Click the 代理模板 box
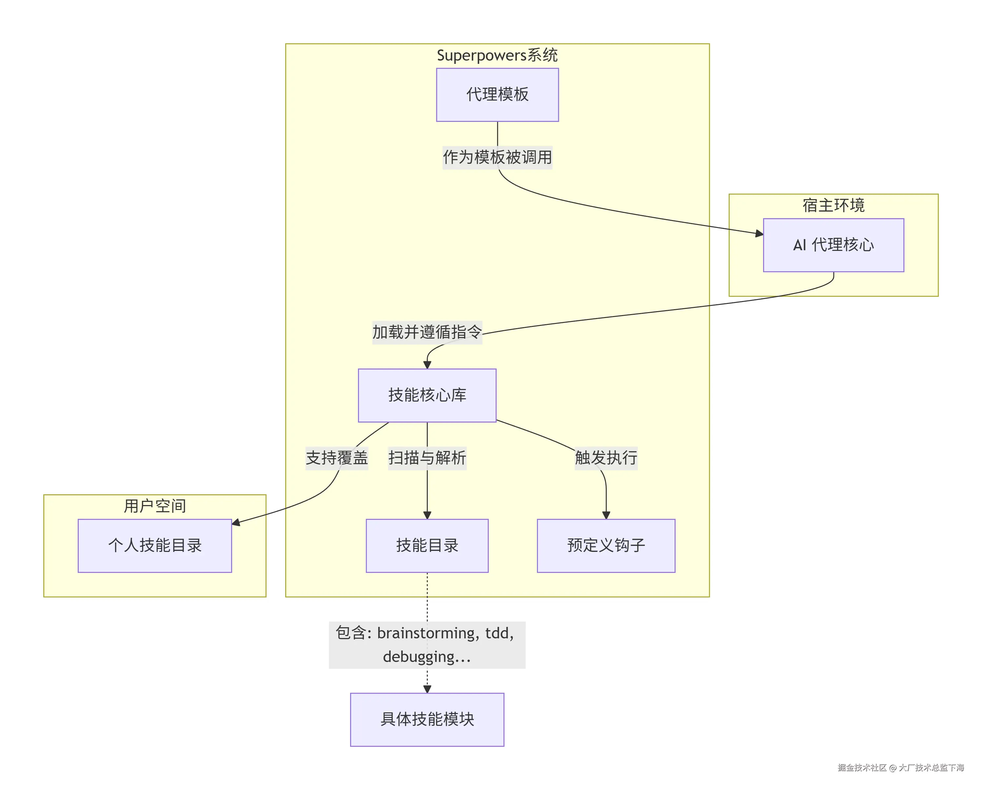(497, 95)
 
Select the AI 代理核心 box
(833, 245)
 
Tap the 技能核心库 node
(427, 395)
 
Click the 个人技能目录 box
(155, 545)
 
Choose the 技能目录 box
(427, 545)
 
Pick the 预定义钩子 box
(606, 545)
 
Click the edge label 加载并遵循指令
(427, 332)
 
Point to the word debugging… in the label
(427, 657)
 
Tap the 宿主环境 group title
(833, 205)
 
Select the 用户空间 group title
(155, 506)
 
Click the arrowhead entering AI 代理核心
(759, 234)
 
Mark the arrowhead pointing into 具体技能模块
(427, 689)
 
